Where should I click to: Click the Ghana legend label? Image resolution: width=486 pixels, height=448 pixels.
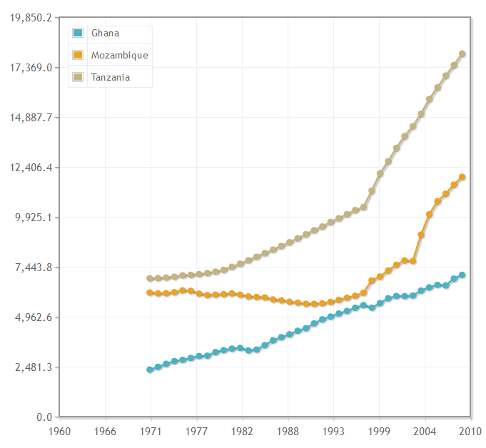(x=105, y=34)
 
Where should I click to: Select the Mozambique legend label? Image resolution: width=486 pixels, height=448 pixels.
(x=119, y=56)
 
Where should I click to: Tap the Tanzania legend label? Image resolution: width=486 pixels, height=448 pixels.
(x=111, y=77)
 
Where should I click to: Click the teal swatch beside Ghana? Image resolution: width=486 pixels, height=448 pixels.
(x=79, y=34)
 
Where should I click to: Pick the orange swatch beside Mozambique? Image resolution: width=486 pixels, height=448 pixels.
(x=79, y=56)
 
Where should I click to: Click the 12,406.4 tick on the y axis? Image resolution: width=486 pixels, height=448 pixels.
(x=29, y=168)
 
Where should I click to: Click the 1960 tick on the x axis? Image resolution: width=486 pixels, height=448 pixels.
(x=59, y=431)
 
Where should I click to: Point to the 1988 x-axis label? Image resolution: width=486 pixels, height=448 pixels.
(x=288, y=431)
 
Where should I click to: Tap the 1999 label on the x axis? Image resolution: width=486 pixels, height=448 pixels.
(x=380, y=431)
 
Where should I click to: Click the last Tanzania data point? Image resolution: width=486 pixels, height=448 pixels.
(x=462, y=54)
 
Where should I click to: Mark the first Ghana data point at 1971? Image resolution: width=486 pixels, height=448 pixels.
(x=150, y=370)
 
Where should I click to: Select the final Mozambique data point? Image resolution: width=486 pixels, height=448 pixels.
(x=462, y=177)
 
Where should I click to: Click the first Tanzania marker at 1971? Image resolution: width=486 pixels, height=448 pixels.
(x=150, y=278)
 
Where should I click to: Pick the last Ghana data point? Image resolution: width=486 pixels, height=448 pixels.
(x=462, y=275)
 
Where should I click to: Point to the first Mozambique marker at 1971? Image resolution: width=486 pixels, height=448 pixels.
(x=150, y=292)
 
